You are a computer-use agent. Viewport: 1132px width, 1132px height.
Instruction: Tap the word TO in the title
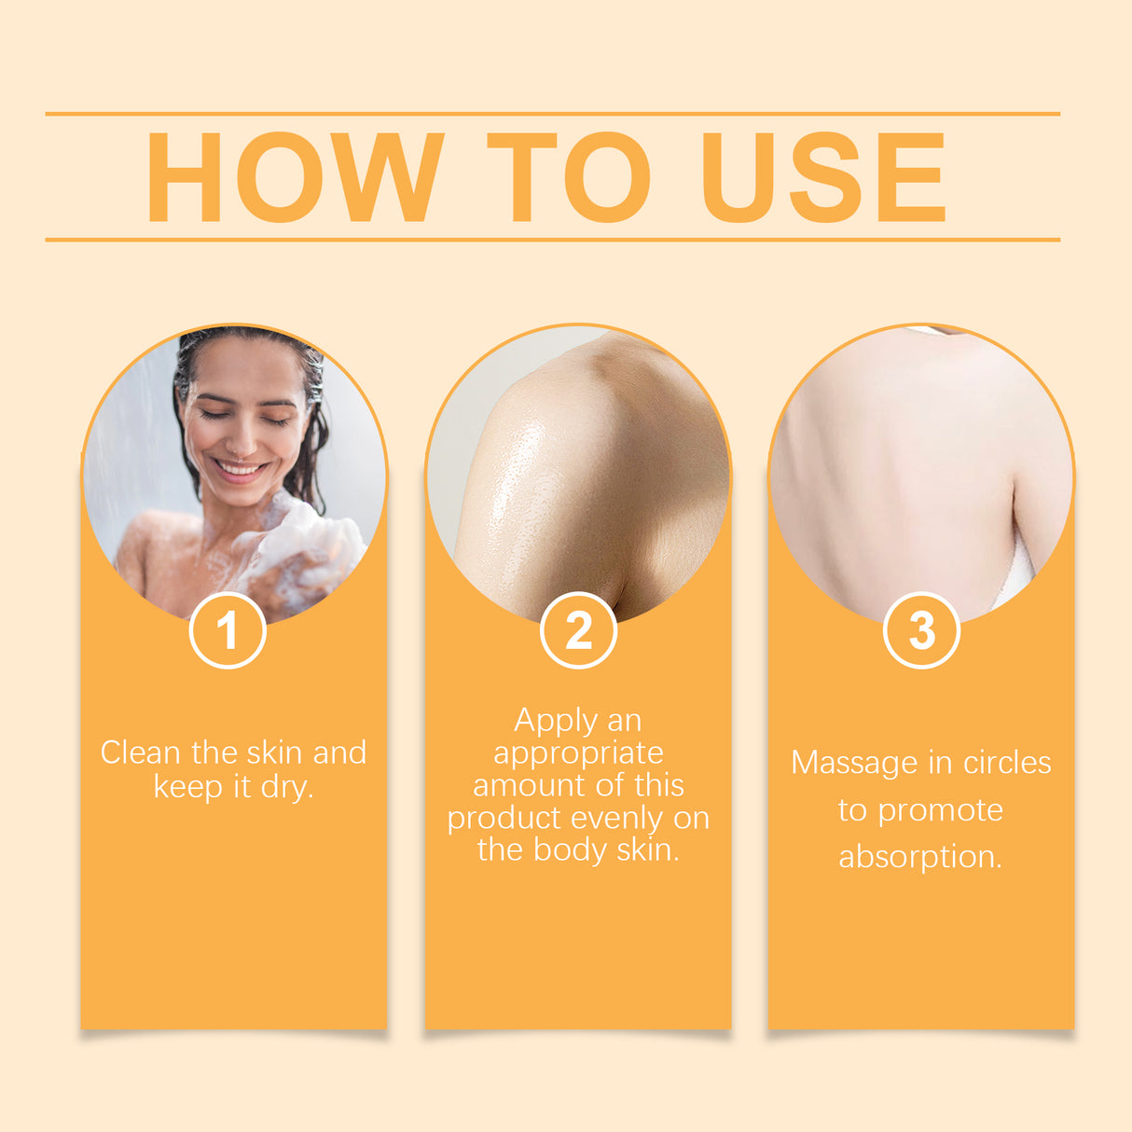pos(568,177)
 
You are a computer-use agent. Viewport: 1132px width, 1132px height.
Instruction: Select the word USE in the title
pos(824,177)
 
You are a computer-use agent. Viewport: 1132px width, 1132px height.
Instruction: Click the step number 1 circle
pos(228,630)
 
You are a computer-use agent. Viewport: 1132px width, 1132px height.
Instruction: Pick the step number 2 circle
pos(578,630)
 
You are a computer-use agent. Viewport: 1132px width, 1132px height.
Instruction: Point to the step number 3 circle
pos(921,630)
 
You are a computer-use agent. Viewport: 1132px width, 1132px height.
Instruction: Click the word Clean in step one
pos(141,752)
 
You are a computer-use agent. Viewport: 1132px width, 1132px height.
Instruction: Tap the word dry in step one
pos(285,787)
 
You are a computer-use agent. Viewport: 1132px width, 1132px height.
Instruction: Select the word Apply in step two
pos(556,721)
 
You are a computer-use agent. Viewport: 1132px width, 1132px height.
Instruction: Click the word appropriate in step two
pos(578,753)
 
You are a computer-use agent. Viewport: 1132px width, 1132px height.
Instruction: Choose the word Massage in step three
pos(854,764)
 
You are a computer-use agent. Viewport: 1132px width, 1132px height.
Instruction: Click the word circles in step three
pos(1007,763)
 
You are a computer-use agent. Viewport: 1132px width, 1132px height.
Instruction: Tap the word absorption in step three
pos(919,857)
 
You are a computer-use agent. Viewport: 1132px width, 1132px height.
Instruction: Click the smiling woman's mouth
pos(240,468)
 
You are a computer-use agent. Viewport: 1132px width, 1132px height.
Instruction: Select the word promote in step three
pos(941,811)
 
